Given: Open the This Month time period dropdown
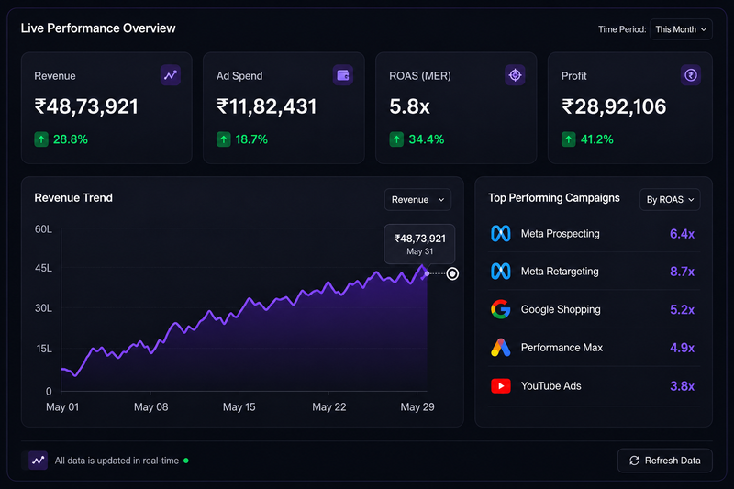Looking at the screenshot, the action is click(681, 29).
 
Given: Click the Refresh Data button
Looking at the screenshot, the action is click(664, 461).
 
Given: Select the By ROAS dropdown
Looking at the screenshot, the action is click(670, 200).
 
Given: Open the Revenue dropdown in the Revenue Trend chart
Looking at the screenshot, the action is click(417, 200).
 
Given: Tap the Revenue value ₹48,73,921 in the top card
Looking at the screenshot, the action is click(86, 106).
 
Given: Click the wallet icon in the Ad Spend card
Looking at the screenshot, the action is click(343, 75).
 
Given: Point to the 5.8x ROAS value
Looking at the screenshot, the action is click(409, 106).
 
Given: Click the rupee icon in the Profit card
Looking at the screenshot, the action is click(691, 75).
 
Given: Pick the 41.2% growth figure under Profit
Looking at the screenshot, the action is click(597, 139).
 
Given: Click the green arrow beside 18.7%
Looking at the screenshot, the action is click(223, 139).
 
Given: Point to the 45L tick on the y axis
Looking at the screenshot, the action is click(43, 268).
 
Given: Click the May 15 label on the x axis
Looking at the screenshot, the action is click(239, 407).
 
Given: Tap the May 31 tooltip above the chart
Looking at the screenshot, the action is click(419, 244).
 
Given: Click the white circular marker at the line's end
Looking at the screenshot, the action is click(452, 273).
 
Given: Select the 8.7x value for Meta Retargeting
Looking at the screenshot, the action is click(682, 272).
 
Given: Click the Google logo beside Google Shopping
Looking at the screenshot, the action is click(500, 309).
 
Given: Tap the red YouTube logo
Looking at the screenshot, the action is click(500, 386).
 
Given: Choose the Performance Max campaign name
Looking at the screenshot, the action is click(562, 348).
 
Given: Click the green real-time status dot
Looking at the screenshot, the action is click(186, 461).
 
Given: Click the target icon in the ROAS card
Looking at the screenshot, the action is click(515, 75).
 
